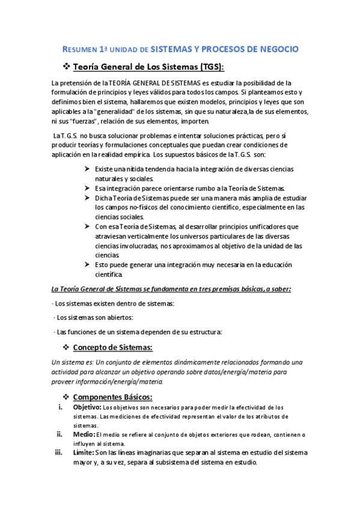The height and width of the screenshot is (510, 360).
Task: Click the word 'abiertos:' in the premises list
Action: click(x=117, y=317)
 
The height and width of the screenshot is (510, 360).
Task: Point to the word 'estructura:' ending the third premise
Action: click(x=203, y=331)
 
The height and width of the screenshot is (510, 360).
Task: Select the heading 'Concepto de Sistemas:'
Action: click(x=112, y=348)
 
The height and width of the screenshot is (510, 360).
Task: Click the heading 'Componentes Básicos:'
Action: click(x=113, y=397)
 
